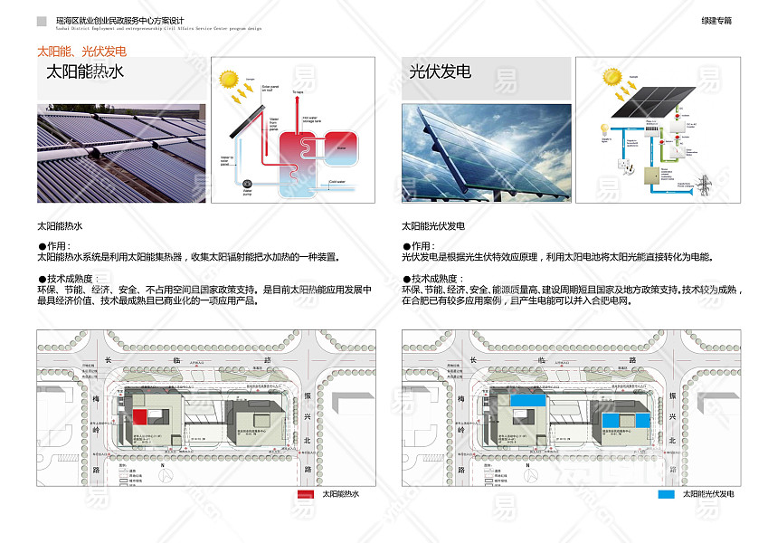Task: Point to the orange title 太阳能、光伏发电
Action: tap(81, 51)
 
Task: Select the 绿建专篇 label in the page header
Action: tap(716, 20)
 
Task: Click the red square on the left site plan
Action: tap(140, 415)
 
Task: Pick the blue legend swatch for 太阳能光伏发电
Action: tap(666, 494)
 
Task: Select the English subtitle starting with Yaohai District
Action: tap(158, 28)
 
